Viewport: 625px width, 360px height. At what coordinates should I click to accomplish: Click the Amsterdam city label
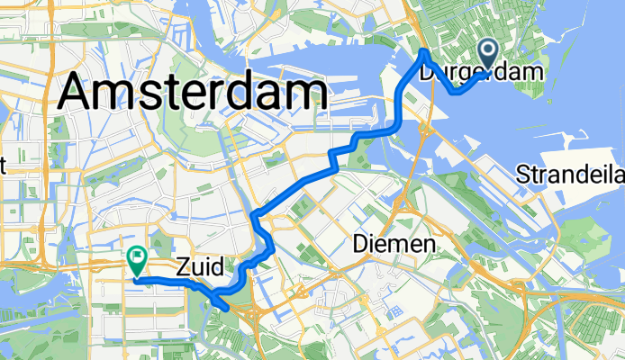[192, 92]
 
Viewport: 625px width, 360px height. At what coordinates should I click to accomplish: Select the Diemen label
[393, 244]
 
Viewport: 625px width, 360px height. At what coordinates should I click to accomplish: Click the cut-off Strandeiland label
[571, 175]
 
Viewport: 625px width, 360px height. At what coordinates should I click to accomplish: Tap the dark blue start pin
[491, 56]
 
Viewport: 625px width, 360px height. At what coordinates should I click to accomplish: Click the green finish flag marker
[137, 261]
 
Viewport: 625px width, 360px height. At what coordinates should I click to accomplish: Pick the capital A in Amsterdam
[78, 93]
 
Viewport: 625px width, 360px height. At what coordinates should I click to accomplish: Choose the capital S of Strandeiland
[525, 175]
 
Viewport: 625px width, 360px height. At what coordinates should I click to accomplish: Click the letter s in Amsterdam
[144, 93]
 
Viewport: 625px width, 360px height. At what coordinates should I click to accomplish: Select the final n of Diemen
[429, 245]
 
